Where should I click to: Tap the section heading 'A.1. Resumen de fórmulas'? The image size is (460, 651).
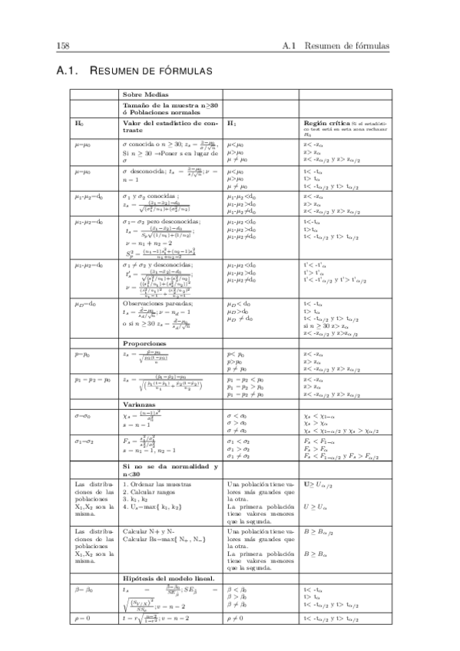tap(134, 71)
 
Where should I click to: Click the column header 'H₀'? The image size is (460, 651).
tap(78, 123)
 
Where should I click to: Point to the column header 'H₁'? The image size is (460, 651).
tap(232, 123)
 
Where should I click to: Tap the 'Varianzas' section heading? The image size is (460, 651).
tap(140, 404)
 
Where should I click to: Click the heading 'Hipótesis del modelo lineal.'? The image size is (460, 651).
tap(168, 577)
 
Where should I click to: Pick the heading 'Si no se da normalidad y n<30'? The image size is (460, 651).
tap(170, 471)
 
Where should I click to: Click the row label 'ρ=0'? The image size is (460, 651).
tap(79, 616)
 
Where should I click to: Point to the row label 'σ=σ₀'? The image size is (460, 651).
tap(81, 415)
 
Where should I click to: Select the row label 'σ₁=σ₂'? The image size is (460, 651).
tap(82, 441)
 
